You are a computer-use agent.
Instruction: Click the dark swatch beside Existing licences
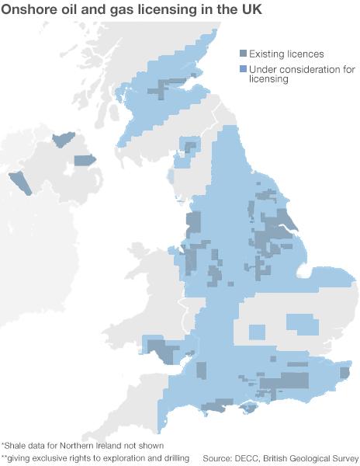point(243,54)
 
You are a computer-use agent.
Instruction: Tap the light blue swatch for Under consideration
point(243,69)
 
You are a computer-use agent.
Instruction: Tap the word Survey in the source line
point(341,458)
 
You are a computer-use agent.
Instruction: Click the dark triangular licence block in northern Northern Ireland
point(61,140)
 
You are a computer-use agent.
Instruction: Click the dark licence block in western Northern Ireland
point(18,183)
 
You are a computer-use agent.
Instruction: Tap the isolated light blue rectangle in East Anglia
point(303,323)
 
